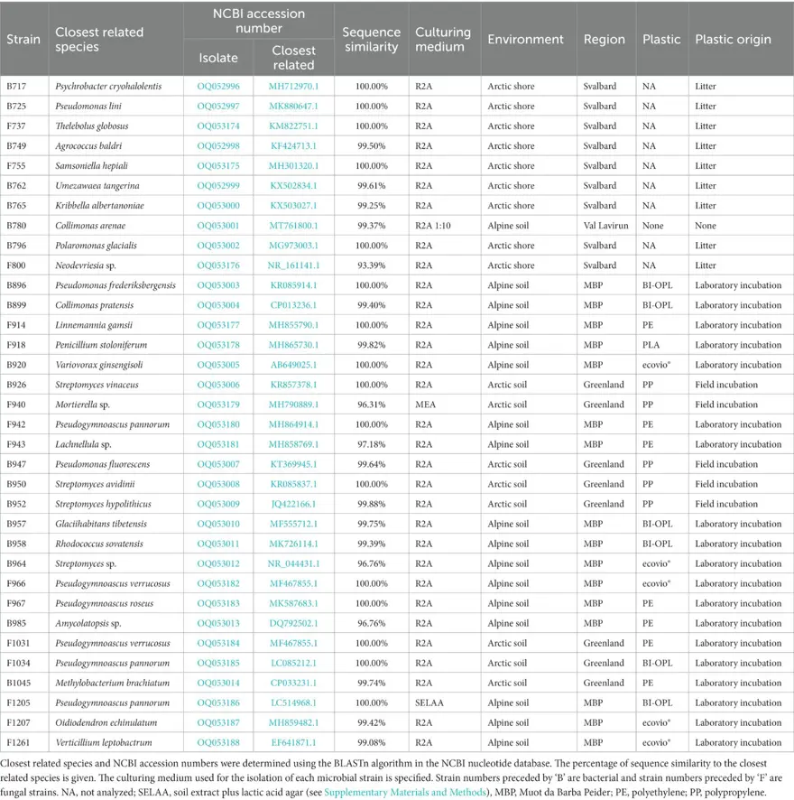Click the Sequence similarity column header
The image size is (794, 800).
pos(371,40)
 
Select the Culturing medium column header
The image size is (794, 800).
pos(442,40)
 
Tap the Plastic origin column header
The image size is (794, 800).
pos(733,40)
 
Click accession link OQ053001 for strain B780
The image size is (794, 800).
pos(218,226)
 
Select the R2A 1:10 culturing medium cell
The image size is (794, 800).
pos(436,226)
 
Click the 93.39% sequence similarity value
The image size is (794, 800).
pos(372,265)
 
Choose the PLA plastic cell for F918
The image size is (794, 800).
pos(651,345)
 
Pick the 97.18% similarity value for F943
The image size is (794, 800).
pos(372,444)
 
